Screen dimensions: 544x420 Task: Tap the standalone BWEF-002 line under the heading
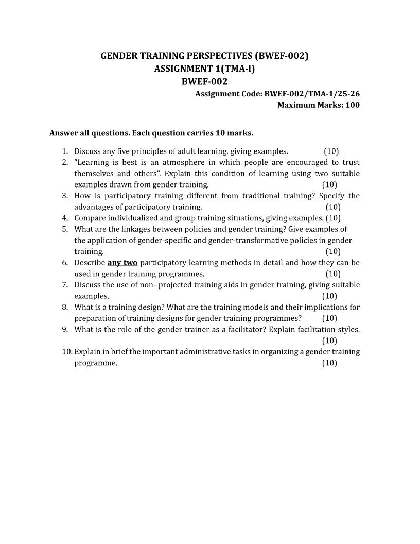pos(204,81)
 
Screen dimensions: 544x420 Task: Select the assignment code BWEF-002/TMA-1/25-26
pos(311,94)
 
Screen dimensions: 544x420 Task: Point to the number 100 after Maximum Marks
pos(352,105)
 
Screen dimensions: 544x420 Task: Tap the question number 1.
pos(65,151)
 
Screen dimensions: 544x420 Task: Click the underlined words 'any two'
pos(122,263)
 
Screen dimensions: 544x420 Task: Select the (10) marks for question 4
pos(333,218)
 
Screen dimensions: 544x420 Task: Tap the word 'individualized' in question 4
pos(133,218)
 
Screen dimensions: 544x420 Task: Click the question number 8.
pos(65,307)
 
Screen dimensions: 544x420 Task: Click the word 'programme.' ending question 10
pos(96,363)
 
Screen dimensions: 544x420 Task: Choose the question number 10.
pos(66,352)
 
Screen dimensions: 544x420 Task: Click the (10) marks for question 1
pos(331,151)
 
